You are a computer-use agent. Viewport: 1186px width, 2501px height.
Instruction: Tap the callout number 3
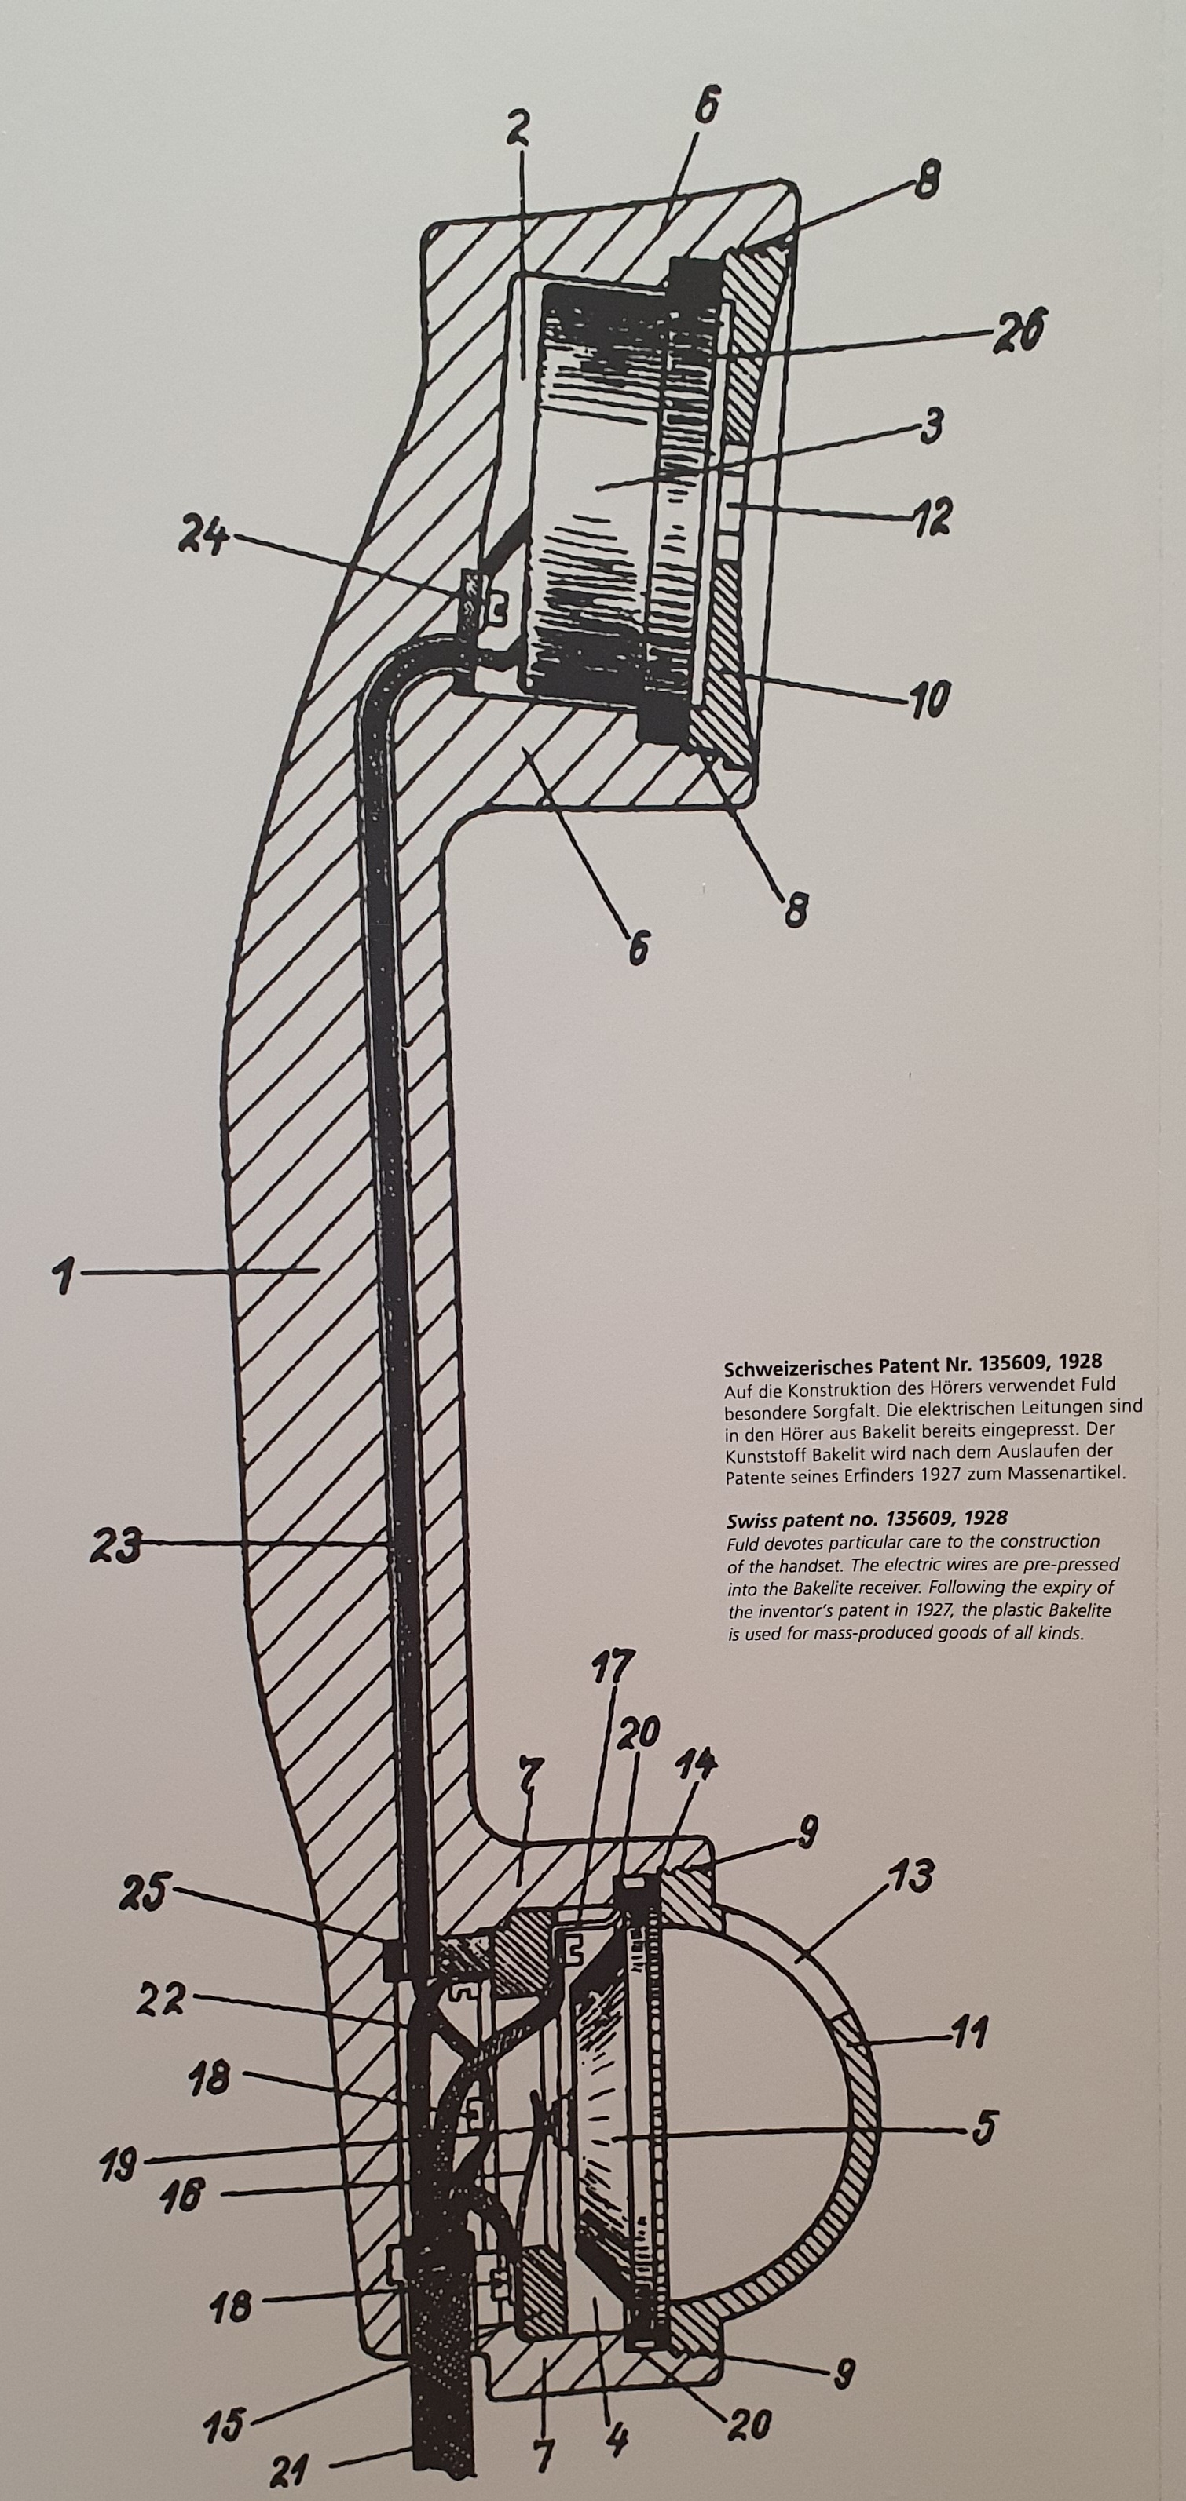(x=931, y=426)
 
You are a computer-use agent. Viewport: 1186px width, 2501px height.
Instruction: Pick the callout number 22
(x=163, y=2002)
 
